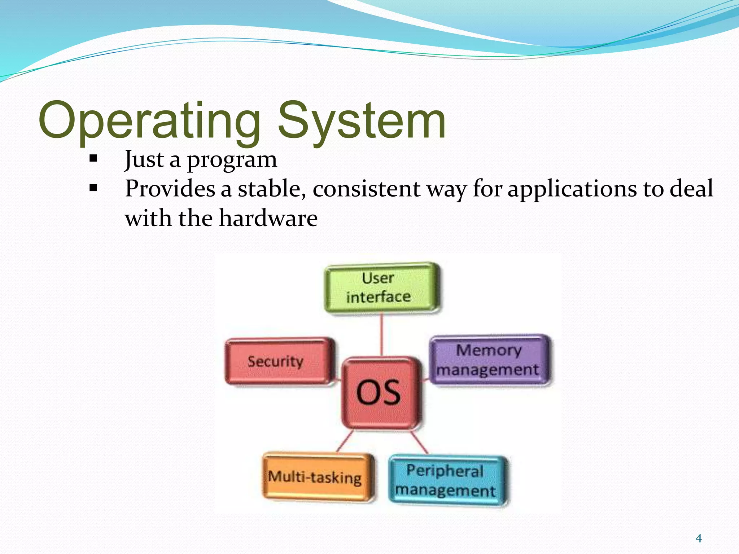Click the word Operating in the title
(x=149, y=121)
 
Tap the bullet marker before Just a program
(x=93, y=158)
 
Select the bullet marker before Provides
(x=93, y=188)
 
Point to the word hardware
(x=268, y=219)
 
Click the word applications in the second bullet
(x=572, y=189)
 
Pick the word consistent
(x=366, y=189)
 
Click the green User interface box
(x=382, y=288)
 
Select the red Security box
(x=279, y=361)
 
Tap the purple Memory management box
(x=489, y=360)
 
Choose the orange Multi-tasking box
(x=317, y=477)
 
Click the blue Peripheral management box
(x=447, y=480)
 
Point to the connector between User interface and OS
(x=382, y=334)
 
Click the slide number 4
(x=699, y=538)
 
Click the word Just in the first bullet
(x=144, y=160)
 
